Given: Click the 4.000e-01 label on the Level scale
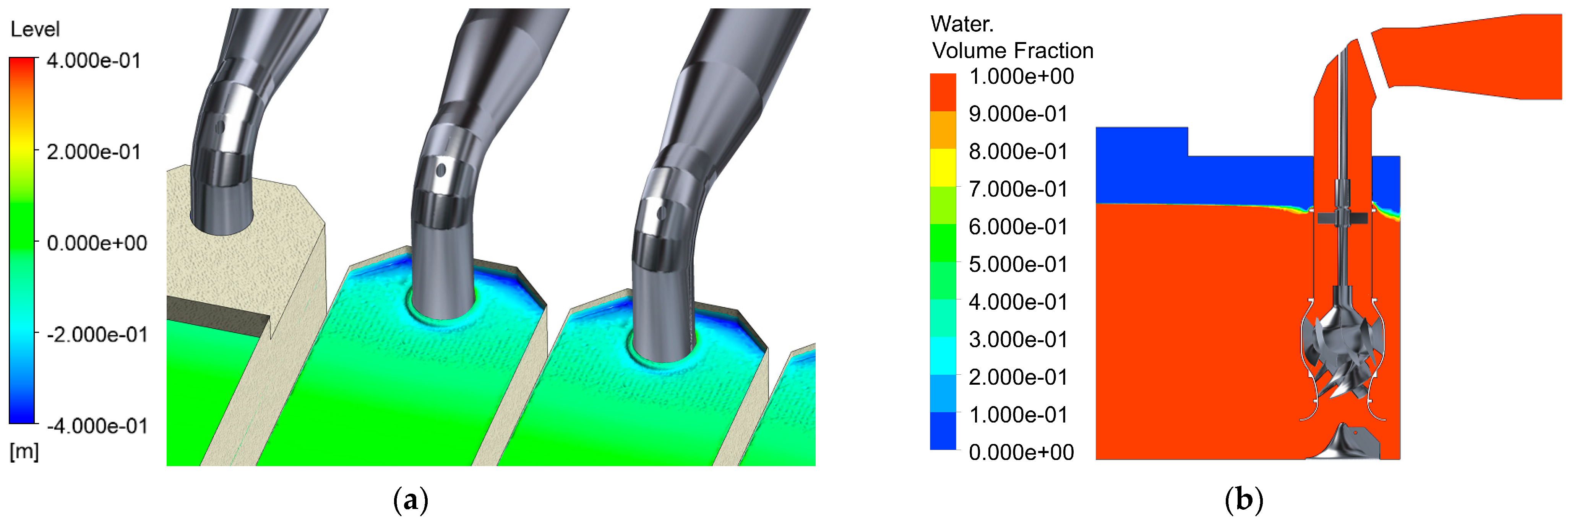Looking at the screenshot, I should (93, 61).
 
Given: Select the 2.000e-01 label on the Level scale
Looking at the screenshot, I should (93, 152).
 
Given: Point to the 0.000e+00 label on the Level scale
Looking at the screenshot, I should (96, 243).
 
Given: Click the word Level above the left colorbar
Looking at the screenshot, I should (35, 29).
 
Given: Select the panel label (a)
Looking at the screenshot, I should (411, 500).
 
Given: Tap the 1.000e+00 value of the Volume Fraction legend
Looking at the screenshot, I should (1021, 77).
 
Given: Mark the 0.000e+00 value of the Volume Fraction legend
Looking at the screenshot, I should (1021, 452).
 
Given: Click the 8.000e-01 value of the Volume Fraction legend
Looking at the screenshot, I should (1018, 152).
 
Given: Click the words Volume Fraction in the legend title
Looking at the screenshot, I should (1012, 50).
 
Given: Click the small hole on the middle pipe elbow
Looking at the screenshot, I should (441, 170).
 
